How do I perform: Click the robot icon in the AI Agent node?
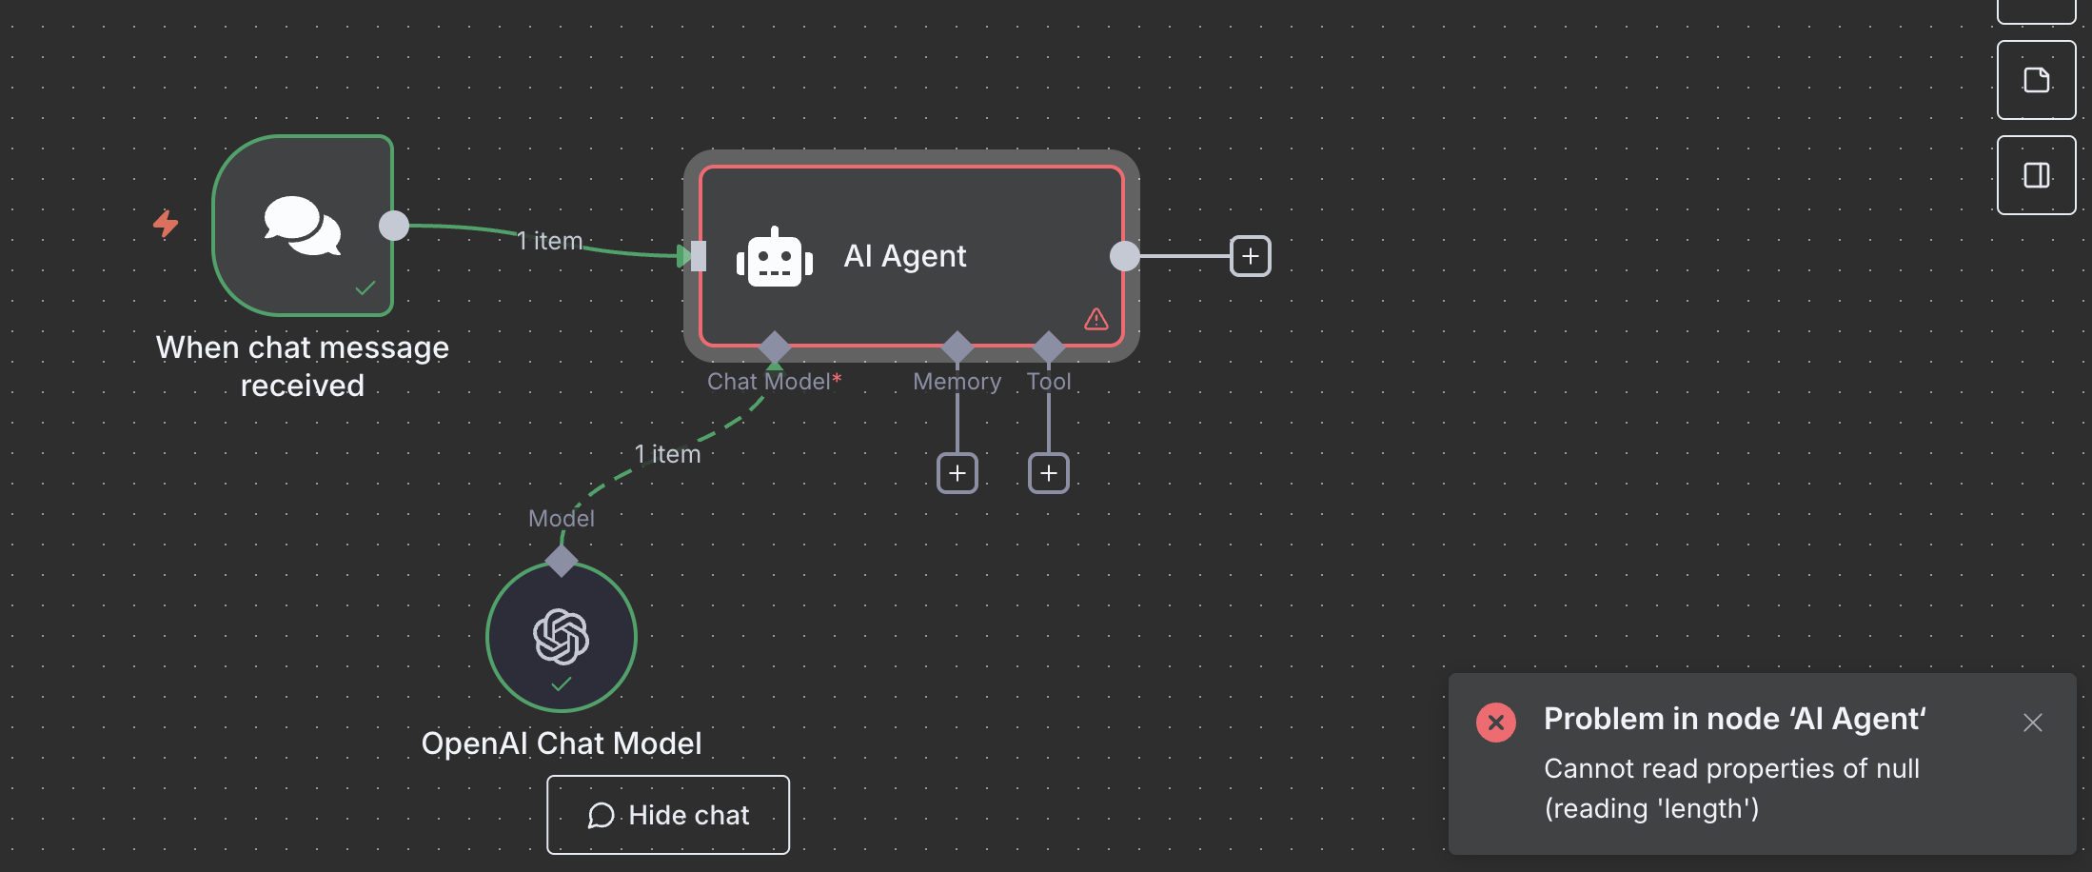coord(775,257)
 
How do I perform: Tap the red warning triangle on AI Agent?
coord(1096,319)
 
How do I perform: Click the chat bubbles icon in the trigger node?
coord(303,227)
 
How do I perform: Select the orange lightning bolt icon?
coord(166,224)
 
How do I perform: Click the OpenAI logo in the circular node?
coord(562,636)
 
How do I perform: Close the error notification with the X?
coord(2032,723)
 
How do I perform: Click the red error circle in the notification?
coord(1495,723)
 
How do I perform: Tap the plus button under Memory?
coord(957,473)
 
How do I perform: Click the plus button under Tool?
coord(1049,473)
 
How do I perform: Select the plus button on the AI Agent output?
coord(1251,256)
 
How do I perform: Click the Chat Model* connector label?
coord(774,382)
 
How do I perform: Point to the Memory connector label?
coord(957,382)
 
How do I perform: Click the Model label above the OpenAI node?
coord(562,519)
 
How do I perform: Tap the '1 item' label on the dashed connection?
coord(667,454)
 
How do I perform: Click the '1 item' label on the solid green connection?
coord(549,241)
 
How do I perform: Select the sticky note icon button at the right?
coord(2036,80)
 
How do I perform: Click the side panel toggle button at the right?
coord(2036,175)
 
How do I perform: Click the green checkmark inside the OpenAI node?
coord(562,684)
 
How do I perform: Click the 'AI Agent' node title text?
coord(904,256)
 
